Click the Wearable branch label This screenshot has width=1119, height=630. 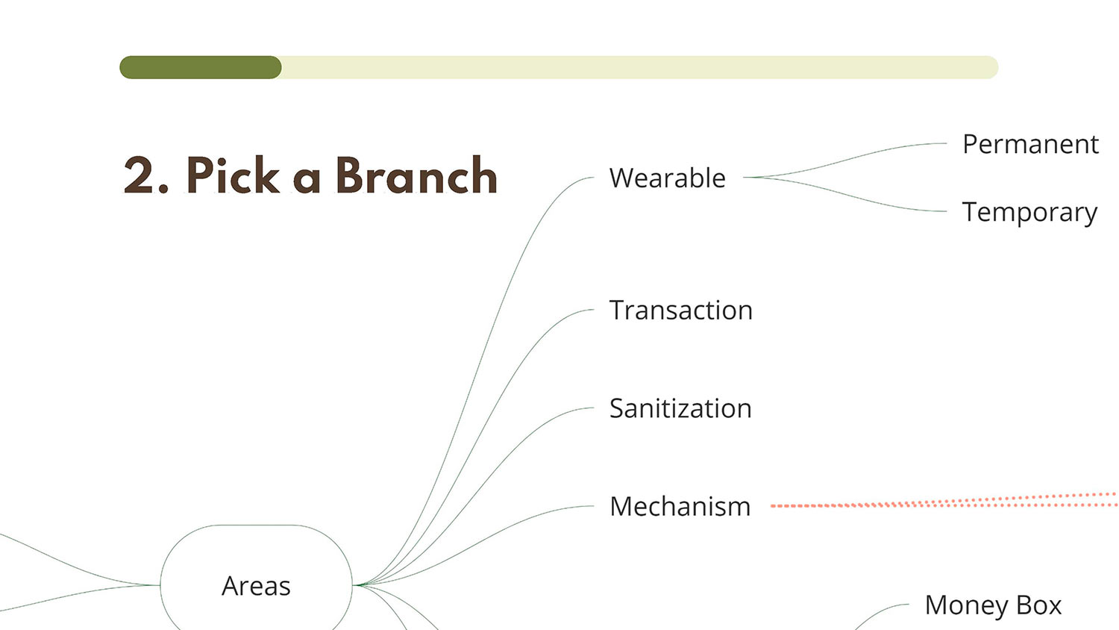pos(668,178)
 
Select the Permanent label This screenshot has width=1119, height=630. pos(1030,144)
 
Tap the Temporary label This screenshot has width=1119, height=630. pos(1029,213)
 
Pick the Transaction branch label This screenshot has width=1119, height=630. pos(681,310)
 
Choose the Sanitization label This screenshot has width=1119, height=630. pos(680,408)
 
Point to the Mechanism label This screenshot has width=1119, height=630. pos(680,506)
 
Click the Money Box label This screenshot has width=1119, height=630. pos(993,605)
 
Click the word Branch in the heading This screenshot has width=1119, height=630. pos(416,175)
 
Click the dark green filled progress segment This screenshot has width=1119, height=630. pos(201,67)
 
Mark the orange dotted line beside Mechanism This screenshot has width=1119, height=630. pos(944,501)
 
